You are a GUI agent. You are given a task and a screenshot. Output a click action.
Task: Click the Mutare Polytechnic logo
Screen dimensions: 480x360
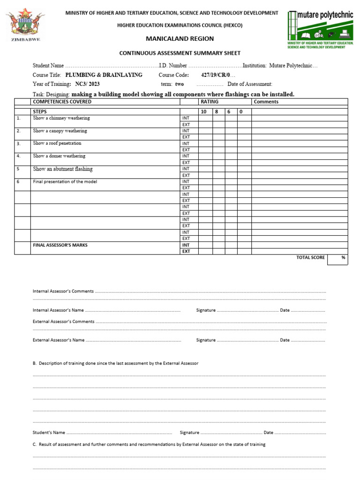point(320,29)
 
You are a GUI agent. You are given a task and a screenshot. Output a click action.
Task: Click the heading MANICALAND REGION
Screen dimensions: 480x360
point(180,38)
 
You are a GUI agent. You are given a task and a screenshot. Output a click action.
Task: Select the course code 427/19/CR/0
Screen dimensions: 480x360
point(216,75)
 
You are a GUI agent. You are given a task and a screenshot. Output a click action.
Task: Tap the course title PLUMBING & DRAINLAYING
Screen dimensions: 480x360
point(104,75)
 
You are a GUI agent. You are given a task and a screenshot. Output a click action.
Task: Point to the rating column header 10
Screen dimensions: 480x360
point(203,112)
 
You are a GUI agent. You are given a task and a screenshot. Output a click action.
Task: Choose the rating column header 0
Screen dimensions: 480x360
point(241,112)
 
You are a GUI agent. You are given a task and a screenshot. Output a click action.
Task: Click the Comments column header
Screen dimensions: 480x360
point(266,102)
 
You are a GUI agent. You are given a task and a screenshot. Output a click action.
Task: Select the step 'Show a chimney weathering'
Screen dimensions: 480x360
point(61,118)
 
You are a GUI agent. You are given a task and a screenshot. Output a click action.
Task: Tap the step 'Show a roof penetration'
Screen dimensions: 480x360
point(57,143)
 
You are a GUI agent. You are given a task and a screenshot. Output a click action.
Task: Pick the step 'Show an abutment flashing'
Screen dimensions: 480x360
point(63,169)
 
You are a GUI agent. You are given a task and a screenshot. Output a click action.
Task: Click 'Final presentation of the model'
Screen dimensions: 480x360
point(65,181)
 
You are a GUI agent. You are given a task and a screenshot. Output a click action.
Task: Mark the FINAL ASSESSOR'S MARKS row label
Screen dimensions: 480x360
point(60,245)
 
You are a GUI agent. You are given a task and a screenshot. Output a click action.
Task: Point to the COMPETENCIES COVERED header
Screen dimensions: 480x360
point(62,102)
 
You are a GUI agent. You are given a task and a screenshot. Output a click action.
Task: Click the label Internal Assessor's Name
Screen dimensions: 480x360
point(58,310)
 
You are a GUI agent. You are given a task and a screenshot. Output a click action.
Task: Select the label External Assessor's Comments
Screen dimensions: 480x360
point(63,322)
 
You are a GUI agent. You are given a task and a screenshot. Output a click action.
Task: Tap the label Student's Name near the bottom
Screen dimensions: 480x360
point(49,433)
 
